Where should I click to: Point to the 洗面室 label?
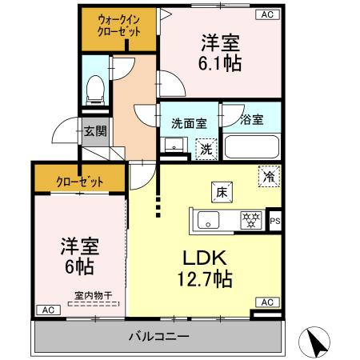[189, 123]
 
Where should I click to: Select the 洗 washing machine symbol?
[206, 147]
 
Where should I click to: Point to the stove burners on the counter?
[251, 220]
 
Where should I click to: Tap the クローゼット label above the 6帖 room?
[78, 181]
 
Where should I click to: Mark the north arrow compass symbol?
[316, 342]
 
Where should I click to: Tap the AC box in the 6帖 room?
[46, 310]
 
